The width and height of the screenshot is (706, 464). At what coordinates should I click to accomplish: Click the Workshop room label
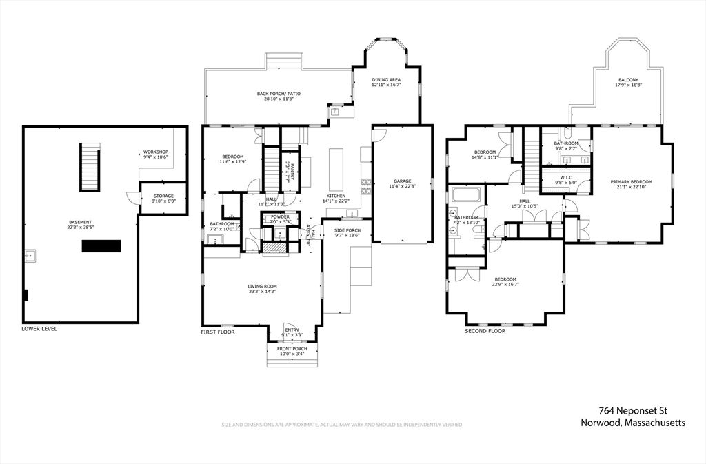tap(155, 152)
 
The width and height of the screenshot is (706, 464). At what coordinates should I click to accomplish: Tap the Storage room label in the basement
tap(164, 196)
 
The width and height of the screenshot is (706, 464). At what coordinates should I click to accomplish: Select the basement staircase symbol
tap(90, 167)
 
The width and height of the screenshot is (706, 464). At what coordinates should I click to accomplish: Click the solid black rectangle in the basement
tap(101, 246)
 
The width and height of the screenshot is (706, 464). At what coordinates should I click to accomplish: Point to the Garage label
tap(402, 181)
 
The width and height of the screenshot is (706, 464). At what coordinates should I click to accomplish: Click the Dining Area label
tap(386, 80)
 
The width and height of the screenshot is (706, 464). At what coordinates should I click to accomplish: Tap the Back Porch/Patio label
tap(279, 94)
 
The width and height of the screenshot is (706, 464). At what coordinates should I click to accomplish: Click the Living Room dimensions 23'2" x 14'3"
tap(262, 292)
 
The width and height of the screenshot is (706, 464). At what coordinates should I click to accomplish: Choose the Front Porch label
tap(292, 349)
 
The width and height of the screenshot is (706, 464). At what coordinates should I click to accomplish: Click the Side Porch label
tap(347, 230)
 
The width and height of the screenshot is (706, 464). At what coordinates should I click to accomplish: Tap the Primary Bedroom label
tap(631, 182)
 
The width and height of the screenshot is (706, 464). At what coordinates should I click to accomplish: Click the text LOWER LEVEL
tap(39, 329)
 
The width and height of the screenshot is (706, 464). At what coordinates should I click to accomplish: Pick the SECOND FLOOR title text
tap(485, 331)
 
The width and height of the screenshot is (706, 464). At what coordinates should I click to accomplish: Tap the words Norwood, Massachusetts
tap(632, 423)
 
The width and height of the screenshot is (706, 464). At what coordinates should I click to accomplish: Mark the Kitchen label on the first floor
tap(336, 196)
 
